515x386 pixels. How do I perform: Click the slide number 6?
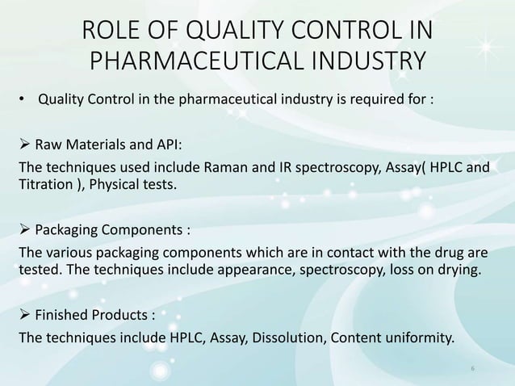[x=473, y=368]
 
